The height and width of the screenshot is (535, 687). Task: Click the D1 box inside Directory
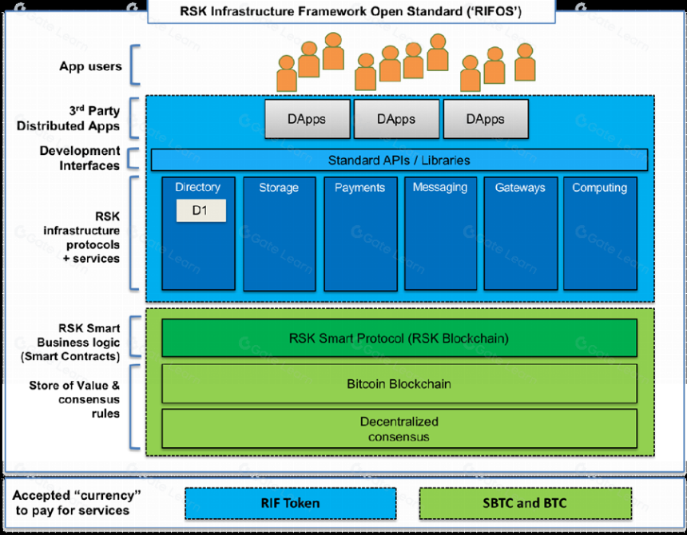pos(201,211)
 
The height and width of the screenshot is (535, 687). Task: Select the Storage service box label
pos(279,188)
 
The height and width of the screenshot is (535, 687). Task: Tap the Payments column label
pos(359,188)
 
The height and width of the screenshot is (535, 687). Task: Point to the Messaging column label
pos(440,188)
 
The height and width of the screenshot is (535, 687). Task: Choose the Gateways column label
pos(520,188)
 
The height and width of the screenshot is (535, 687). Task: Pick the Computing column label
pos(599,188)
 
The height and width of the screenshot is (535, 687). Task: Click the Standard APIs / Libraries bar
pos(399,160)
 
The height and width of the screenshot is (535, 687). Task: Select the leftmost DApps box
pos(307,119)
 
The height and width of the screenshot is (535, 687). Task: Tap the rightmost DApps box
pos(486,119)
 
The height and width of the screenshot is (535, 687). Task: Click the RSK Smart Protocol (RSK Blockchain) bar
pos(399,338)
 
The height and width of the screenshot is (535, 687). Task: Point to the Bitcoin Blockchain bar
pos(399,384)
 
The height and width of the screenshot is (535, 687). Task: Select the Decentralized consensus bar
pos(399,429)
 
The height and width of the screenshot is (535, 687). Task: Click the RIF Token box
pos(291,504)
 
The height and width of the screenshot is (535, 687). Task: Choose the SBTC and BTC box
pos(526,504)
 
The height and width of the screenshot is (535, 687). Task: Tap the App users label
pos(91,66)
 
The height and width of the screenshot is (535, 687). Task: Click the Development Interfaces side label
pos(80,158)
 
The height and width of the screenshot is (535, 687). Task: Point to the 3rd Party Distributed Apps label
pos(69,118)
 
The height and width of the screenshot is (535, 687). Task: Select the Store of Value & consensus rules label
pos(74,399)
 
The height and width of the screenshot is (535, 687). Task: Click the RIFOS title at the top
pos(351,11)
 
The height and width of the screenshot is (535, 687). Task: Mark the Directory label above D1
pos(197,188)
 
